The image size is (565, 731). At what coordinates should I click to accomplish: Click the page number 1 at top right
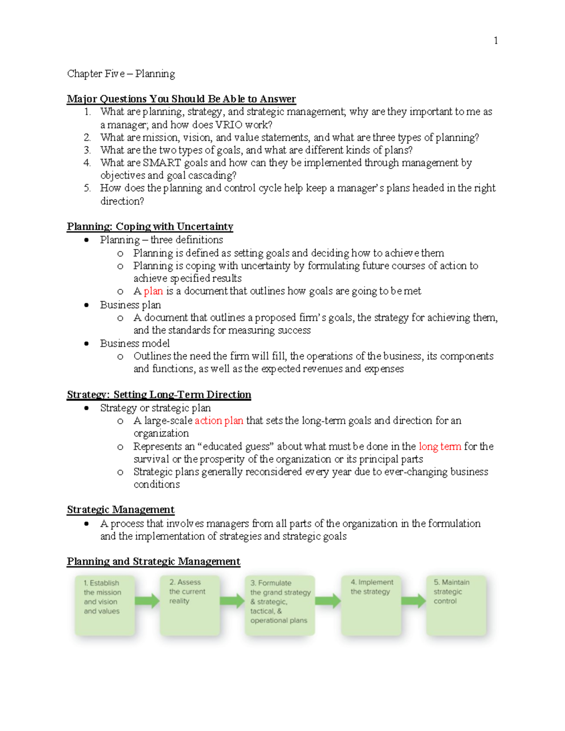(x=495, y=40)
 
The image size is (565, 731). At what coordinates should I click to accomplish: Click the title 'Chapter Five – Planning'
(x=121, y=74)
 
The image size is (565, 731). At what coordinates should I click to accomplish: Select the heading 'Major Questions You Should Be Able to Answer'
(x=181, y=99)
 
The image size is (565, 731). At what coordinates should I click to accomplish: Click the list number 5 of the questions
(x=87, y=188)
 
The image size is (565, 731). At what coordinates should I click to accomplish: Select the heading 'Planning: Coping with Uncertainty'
(x=150, y=226)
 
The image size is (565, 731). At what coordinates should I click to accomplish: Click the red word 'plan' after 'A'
(x=153, y=291)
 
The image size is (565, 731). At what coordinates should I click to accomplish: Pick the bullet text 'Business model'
(x=135, y=344)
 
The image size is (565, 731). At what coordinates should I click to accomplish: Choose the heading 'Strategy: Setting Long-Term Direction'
(x=159, y=394)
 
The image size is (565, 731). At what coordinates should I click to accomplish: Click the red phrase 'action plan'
(x=219, y=421)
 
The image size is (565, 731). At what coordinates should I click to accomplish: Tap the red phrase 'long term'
(x=440, y=446)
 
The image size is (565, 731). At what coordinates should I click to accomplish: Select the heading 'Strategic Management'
(x=121, y=510)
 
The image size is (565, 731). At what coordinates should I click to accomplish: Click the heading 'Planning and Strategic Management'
(x=153, y=562)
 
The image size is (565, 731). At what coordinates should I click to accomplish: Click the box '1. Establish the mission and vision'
(x=105, y=605)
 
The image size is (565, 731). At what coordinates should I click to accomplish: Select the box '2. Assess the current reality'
(x=190, y=605)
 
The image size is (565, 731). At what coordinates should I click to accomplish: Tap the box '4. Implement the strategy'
(x=371, y=605)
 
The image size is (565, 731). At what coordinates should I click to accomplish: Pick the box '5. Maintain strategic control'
(x=456, y=605)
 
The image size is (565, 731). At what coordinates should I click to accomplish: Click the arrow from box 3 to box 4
(x=328, y=601)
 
